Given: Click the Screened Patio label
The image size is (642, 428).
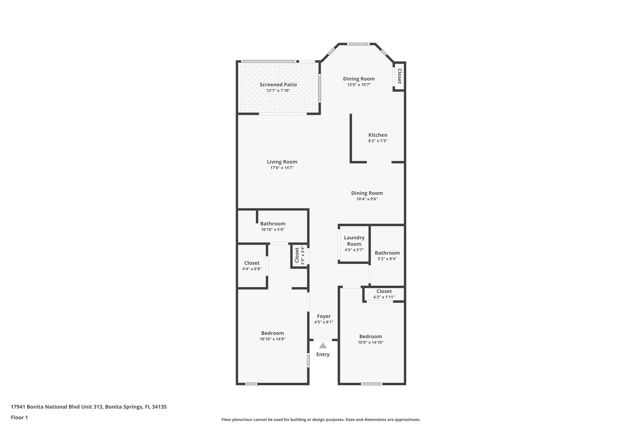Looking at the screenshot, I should pyautogui.click(x=278, y=85).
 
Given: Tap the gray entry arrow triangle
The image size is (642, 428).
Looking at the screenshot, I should pyautogui.click(x=323, y=346).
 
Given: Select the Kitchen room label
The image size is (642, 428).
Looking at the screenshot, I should pyautogui.click(x=378, y=135).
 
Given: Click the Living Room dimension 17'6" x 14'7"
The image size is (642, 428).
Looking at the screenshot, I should pyautogui.click(x=282, y=168).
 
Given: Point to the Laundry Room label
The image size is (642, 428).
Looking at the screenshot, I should pyautogui.click(x=354, y=241).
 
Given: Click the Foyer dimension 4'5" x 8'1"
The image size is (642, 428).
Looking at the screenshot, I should pyautogui.click(x=324, y=322).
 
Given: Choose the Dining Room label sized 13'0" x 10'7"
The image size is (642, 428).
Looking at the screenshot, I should pyautogui.click(x=359, y=79).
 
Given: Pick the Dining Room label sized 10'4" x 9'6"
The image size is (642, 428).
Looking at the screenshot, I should pyautogui.click(x=367, y=193).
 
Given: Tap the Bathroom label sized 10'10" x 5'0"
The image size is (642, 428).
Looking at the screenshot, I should pyautogui.click(x=273, y=224).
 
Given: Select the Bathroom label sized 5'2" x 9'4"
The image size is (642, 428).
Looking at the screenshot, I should pyautogui.click(x=387, y=253).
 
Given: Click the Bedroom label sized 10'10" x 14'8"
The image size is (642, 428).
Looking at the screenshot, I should pyautogui.click(x=272, y=333).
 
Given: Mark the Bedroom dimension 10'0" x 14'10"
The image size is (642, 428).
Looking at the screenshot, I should pyautogui.click(x=371, y=342).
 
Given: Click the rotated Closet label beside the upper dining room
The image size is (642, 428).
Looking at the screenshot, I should pyautogui.click(x=399, y=76).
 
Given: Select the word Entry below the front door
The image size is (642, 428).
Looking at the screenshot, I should pyautogui.click(x=323, y=354).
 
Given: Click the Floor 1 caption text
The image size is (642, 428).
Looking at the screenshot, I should pyautogui.click(x=19, y=417).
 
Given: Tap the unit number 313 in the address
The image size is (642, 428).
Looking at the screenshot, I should pyautogui.click(x=98, y=407).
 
